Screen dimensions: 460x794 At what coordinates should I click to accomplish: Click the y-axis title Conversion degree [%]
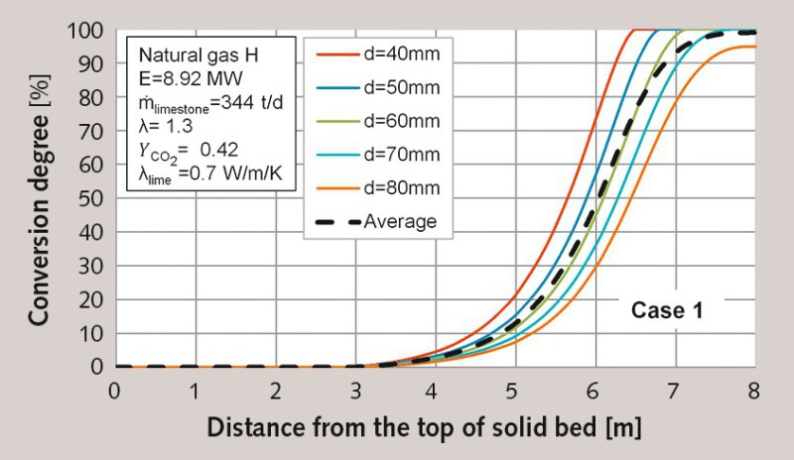pyautogui.click(x=41, y=198)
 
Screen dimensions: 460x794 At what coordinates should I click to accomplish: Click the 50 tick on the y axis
pyautogui.click(x=91, y=199)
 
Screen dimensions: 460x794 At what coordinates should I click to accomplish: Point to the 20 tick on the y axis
pyautogui.click(x=91, y=300)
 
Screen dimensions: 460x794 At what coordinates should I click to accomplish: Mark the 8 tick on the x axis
pyautogui.click(x=755, y=391)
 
